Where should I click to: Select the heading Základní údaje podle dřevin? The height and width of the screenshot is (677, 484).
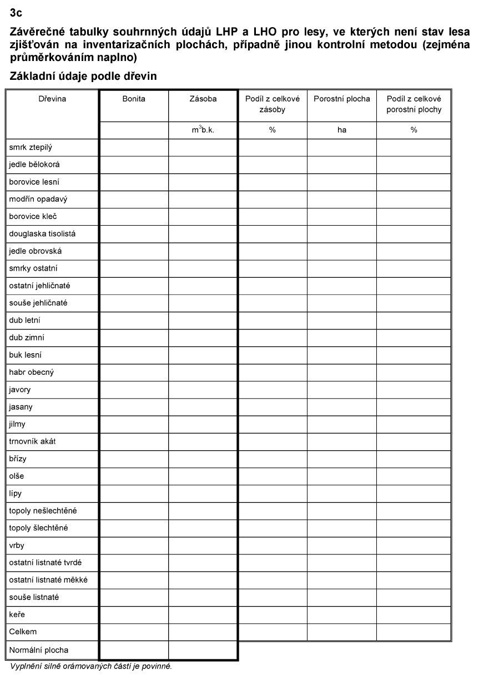click(x=83, y=76)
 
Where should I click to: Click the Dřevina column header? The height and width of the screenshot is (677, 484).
click(x=52, y=99)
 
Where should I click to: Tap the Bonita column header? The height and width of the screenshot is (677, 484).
click(x=134, y=99)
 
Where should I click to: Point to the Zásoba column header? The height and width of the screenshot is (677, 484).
click(x=203, y=99)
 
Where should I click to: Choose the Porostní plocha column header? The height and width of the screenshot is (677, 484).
click(x=341, y=99)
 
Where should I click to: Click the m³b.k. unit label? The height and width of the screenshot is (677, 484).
click(x=203, y=130)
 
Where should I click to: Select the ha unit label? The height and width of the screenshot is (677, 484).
click(x=341, y=130)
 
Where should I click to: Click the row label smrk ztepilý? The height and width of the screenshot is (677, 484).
click(x=31, y=147)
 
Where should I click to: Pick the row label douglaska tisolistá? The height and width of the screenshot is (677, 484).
click(x=42, y=234)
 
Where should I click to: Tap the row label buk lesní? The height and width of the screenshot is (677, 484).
click(x=26, y=355)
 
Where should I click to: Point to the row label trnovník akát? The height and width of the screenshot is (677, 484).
click(x=32, y=441)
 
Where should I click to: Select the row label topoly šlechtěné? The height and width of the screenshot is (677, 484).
click(x=38, y=528)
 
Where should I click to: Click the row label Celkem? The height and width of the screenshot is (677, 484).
click(x=23, y=632)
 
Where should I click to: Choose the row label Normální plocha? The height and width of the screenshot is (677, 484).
click(x=39, y=650)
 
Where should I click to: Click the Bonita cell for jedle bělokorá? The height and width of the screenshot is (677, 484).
click(x=134, y=165)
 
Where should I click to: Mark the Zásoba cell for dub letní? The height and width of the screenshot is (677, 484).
click(x=203, y=320)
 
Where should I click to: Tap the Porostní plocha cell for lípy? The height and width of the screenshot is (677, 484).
click(x=341, y=493)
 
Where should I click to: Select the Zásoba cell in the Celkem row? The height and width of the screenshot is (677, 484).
click(x=203, y=632)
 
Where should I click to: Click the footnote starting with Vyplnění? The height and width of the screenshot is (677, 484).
click(x=91, y=666)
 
